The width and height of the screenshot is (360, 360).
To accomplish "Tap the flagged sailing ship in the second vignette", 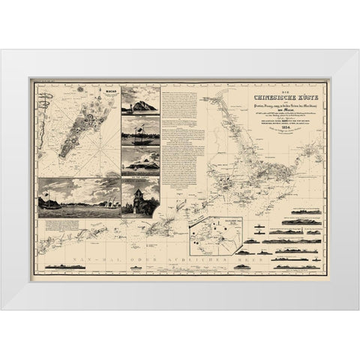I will [140, 137].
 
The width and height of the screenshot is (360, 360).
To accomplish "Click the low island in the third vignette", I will [140, 162].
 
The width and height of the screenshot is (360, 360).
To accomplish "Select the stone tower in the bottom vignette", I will [140, 196].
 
